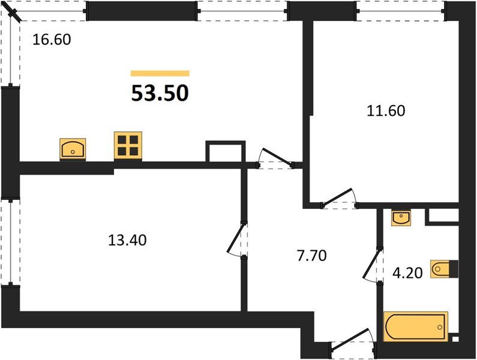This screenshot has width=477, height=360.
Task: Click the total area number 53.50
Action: pos(160,93)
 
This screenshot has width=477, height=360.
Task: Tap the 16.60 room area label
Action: pos(51,41)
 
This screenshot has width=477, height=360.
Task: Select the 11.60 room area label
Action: pos(386,111)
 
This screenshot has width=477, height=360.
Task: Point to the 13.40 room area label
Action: pos(127,241)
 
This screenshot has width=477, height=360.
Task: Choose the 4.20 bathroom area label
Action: pos(409,273)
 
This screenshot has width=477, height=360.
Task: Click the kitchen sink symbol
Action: pos(73,148)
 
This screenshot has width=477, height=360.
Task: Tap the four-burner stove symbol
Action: pos(128,146)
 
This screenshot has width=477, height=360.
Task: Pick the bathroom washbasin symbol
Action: pos(401,218)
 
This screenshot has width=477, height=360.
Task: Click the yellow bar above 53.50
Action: pos(160,73)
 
